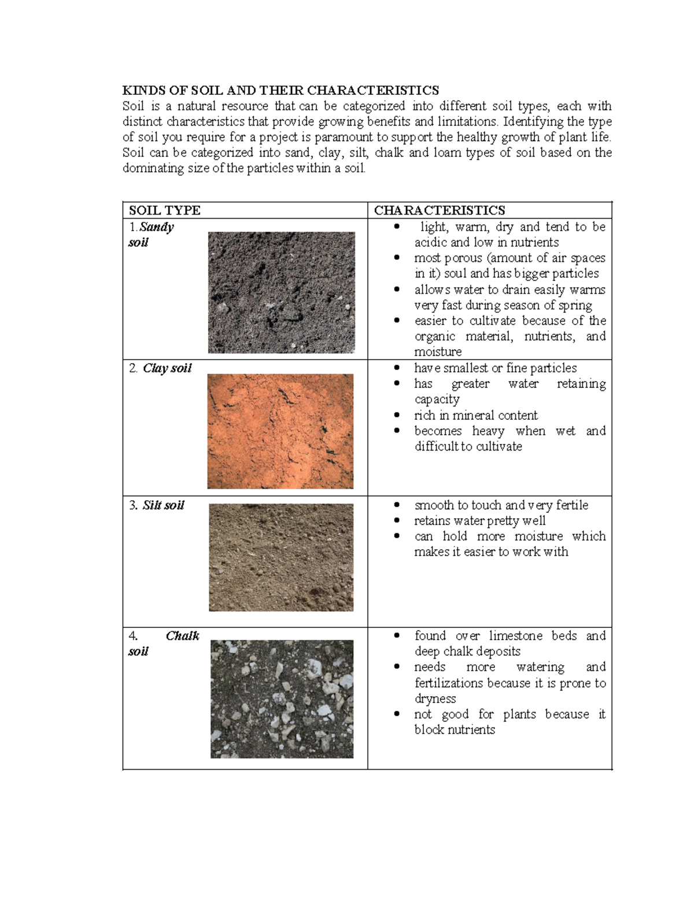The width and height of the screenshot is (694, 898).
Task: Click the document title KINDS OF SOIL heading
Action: click(x=280, y=90)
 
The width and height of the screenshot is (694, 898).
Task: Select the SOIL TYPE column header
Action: click(x=165, y=210)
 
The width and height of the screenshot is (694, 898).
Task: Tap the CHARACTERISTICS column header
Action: click(x=440, y=210)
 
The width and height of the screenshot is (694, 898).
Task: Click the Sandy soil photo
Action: click(x=281, y=292)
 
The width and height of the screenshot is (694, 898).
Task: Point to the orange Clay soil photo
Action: click(x=280, y=431)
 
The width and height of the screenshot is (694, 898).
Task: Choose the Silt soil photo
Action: click(x=281, y=557)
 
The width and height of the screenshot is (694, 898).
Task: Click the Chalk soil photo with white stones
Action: click(x=282, y=699)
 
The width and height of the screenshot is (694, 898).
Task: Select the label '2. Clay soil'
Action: click(x=160, y=368)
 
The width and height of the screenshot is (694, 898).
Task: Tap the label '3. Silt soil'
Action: click(x=157, y=505)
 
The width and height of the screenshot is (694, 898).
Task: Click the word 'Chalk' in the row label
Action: click(x=182, y=636)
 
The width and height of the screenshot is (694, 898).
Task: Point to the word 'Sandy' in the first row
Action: click(x=157, y=227)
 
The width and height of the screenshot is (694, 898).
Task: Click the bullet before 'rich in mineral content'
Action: click(x=397, y=415)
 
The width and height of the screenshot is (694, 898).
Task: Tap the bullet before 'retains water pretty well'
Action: click(x=397, y=520)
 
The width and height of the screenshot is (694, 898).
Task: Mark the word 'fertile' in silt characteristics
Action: click(x=572, y=505)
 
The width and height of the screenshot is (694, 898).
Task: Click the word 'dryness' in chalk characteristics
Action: click(x=435, y=699)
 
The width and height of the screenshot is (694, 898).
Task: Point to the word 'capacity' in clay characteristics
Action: click(x=437, y=400)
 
